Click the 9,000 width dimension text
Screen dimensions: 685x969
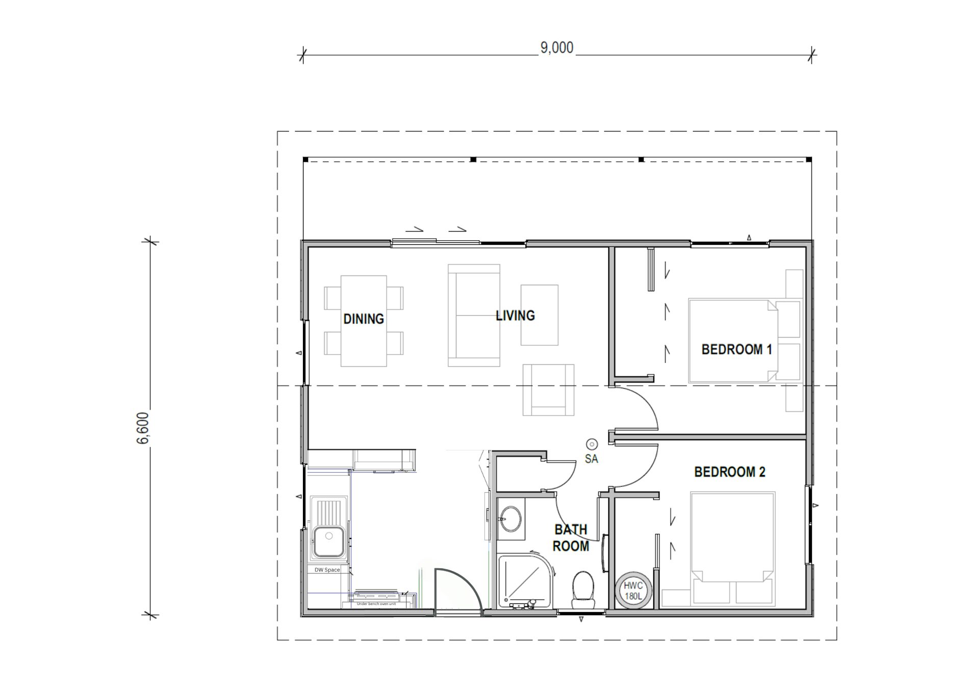tap(557, 48)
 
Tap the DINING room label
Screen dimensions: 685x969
tap(363, 319)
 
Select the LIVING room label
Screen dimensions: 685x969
tap(515, 316)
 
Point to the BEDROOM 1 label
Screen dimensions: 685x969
tap(736, 350)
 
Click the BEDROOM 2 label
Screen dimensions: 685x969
tap(729, 472)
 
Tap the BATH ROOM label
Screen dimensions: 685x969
tap(571, 538)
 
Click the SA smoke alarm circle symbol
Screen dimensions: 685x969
tap(592, 444)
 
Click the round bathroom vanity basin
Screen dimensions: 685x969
tap(510, 520)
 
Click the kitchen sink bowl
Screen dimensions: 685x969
tap(328, 542)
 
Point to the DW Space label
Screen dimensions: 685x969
tap(327, 570)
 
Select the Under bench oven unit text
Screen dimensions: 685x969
tap(376, 604)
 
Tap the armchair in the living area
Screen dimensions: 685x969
tap(548, 390)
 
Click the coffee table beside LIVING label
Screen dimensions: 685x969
tap(539, 315)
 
